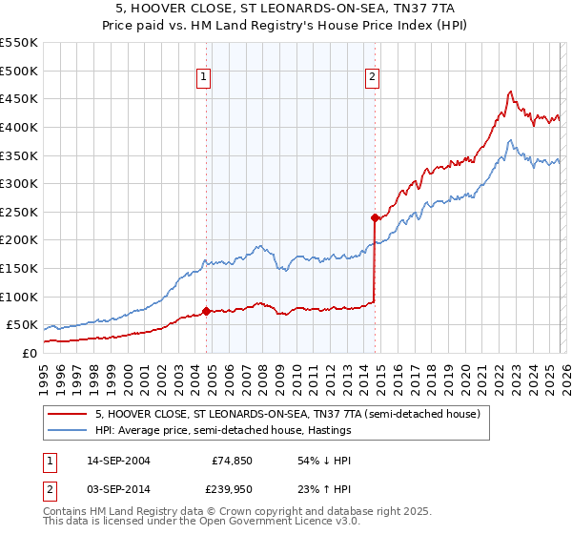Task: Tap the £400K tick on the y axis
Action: (x=18, y=127)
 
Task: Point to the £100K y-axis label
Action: (x=18, y=297)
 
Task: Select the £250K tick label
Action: (x=18, y=212)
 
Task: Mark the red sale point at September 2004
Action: (x=207, y=311)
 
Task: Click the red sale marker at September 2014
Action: (x=375, y=217)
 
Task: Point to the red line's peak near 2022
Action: (x=511, y=92)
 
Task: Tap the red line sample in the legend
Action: (x=68, y=414)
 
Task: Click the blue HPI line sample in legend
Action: (x=68, y=430)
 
